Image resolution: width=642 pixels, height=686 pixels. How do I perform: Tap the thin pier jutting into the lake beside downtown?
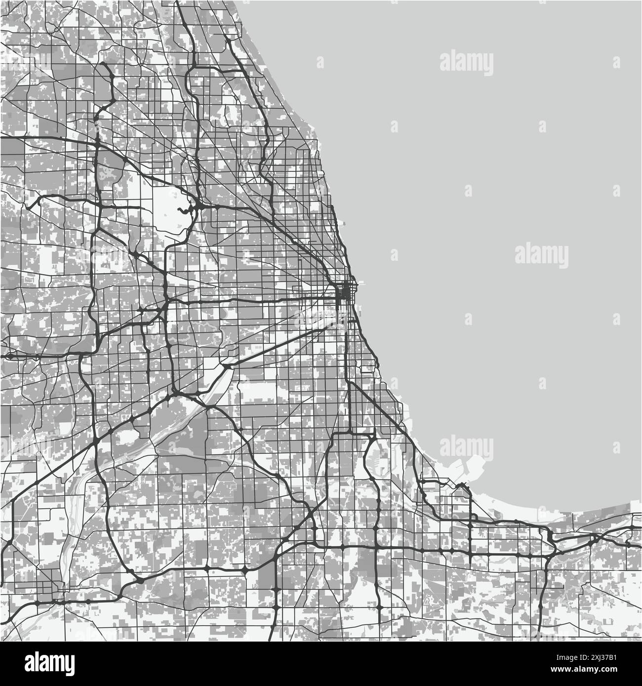pos(358,283)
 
